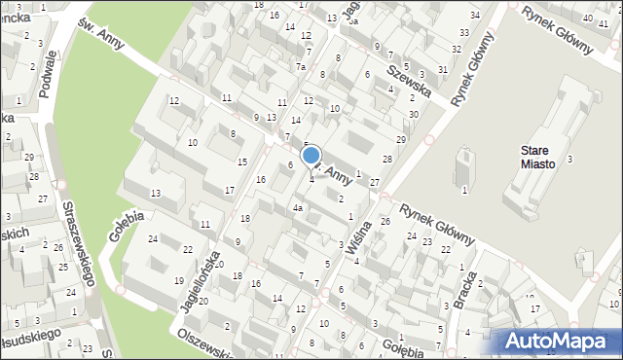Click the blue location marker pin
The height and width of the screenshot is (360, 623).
[311, 156]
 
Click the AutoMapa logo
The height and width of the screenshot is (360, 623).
[560, 341]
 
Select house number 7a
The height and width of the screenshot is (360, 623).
[302, 66]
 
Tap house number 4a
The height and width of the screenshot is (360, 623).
[300, 207]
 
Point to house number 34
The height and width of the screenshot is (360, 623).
[475, 16]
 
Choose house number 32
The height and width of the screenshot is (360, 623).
[456, 49]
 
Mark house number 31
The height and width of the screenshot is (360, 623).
[443, 69]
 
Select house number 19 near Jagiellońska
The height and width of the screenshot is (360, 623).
[178, 280]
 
